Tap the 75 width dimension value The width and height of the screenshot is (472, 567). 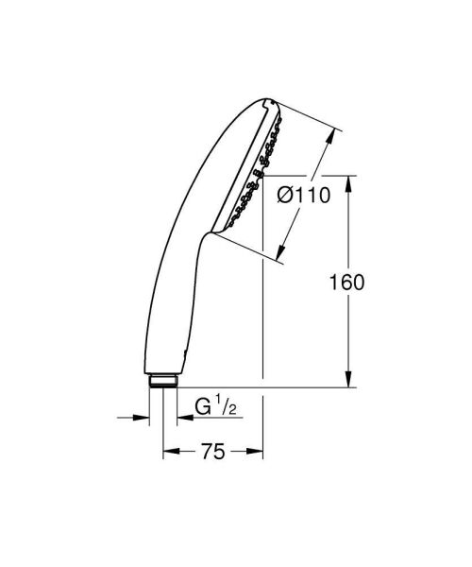tap(213, 453)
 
